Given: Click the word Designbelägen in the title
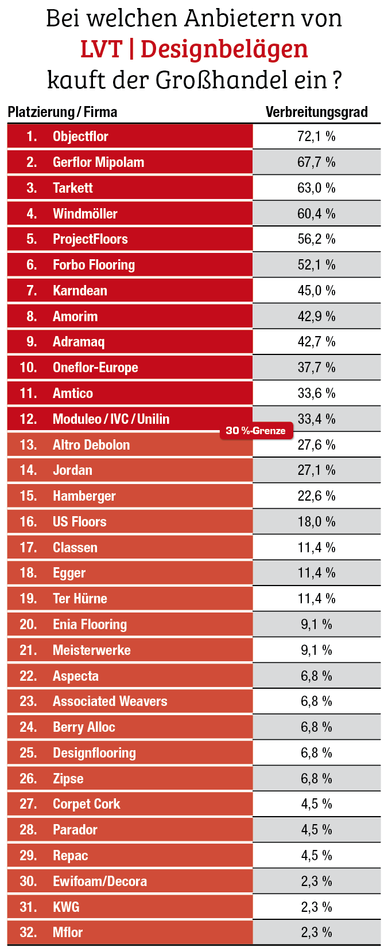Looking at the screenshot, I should click(x=224, y=50).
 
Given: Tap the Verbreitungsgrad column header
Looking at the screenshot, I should click(x=316, y=112).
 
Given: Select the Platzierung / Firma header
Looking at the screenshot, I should click(x=63, y=112).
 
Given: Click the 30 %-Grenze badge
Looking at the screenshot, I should click(x=255, y=431).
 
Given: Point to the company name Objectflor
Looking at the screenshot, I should click(x=80, y=136).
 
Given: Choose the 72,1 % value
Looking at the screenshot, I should click(x=316, y=136).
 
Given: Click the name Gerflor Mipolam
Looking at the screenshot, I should click(x=98, y=162).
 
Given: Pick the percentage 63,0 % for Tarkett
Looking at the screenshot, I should click(x=316, y=188).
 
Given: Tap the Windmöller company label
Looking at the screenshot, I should click(x=85, y=214).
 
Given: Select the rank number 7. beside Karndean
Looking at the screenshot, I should click(x=32, y=291).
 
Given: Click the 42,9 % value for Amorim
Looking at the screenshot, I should click(x=316, y=317).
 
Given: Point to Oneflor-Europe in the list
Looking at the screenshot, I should click(x=95, y=368).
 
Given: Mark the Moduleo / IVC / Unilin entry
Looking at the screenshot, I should click(x=111, y=419).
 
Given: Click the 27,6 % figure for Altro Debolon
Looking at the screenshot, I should click(x=316, y=445).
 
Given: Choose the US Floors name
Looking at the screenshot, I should click(x=79, y=522).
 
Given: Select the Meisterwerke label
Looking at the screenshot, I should click(x=91, y=650).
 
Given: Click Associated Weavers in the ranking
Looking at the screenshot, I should click(x=110, y=701).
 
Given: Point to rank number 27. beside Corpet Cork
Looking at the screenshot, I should click(x=28, y=804).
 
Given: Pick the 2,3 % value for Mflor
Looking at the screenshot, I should click(x=316, y=933).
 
